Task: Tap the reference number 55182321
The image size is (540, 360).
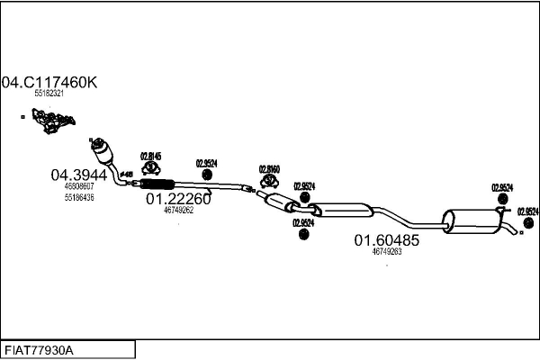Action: point(49,94)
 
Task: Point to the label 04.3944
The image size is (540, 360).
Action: point(78,175)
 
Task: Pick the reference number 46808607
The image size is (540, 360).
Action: point(78,187)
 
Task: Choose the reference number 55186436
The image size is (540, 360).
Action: point(78,197)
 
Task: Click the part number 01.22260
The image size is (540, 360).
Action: point(178,199)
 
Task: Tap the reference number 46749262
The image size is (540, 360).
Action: point(178,211)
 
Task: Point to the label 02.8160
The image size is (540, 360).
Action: point(269,168)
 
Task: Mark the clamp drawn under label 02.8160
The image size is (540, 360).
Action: point(269,180)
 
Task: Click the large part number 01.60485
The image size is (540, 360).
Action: point(386,240)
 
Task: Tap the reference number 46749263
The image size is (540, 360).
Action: point(386,252)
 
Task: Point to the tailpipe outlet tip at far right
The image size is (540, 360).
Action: point(516,234)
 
